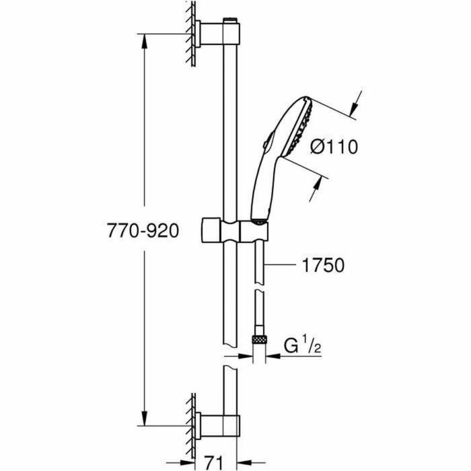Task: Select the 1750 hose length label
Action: [x=322, y=266]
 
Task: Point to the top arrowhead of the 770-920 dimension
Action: [x=144, y=39]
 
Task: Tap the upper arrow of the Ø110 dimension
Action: [x=356, y=106]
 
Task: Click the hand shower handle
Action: [x=259, y=188]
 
